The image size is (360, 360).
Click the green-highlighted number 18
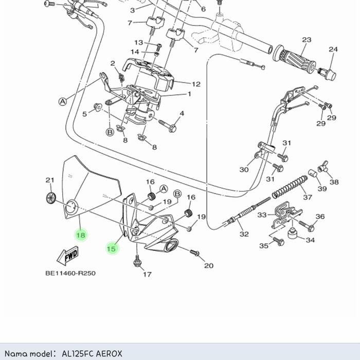tap(81, 235)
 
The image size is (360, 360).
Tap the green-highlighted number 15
tap(111, 249)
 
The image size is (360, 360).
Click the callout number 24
tap(333, 50)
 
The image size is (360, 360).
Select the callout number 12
tap(196, 84)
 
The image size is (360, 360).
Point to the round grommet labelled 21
tap(50, 197)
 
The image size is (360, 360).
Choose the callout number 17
tap(147, 274)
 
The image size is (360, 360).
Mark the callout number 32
tap(244, 234)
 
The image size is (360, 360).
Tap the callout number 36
tap(320, 217)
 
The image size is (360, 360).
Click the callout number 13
tap(139, 43)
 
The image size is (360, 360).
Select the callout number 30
tap(244, 170)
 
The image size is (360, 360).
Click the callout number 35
tap(264, 246)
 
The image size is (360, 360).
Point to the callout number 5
tap(85, 114)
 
